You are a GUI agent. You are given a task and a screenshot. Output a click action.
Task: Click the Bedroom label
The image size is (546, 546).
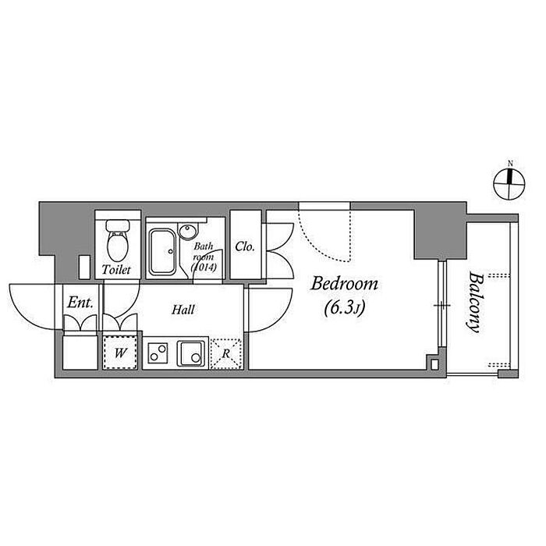(345, 284)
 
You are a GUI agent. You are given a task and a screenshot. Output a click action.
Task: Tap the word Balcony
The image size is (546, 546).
(475, 303)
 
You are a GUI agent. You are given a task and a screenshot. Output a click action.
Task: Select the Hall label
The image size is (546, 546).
(183, 310)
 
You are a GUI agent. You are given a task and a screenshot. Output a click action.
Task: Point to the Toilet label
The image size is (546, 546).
(116, 270)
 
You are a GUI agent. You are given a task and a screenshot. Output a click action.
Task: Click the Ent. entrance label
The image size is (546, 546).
(80, 303)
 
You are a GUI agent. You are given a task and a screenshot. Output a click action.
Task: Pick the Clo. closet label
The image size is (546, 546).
(245, 246)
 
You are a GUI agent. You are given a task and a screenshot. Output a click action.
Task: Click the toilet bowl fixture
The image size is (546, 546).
(118, 240)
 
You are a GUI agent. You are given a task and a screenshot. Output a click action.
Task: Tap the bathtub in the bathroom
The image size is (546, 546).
(162, 251)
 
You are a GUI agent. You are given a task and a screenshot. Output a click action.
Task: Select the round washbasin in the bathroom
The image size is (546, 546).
(188, 232)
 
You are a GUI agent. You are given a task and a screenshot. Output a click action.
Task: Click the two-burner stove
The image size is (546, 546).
(158, 353)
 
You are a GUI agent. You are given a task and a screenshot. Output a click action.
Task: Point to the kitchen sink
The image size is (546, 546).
(191, 353)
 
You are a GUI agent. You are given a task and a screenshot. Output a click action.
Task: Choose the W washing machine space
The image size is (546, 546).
(120, 352)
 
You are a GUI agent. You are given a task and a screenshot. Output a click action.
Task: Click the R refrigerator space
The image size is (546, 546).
(226, 353)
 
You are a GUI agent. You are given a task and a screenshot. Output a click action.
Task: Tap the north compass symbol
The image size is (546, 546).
(509, 184)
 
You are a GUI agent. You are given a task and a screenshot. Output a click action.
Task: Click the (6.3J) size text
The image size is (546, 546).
(345, 308)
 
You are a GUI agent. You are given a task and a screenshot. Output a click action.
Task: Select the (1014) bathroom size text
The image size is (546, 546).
(204, 267)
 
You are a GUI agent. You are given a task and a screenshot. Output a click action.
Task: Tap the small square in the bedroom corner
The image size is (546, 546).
(434, 364)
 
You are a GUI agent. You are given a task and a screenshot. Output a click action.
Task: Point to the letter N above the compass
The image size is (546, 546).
(510, 163)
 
